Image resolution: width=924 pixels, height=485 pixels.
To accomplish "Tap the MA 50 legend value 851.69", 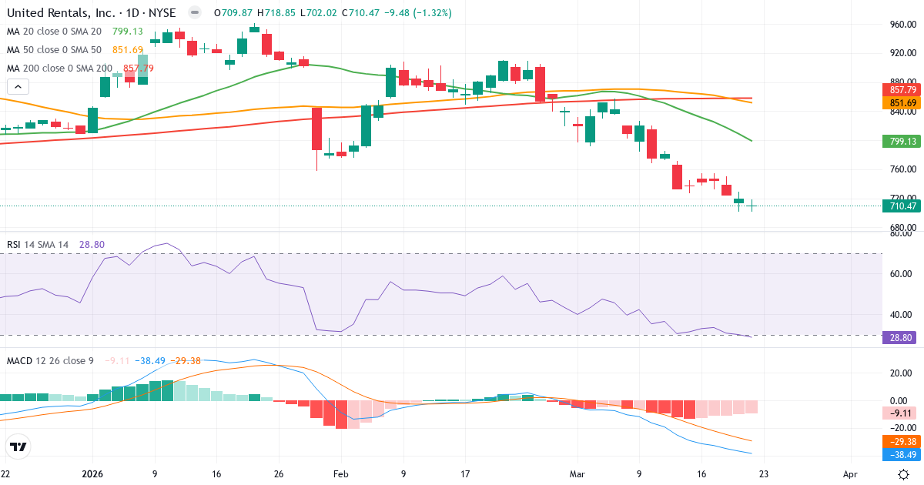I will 128,50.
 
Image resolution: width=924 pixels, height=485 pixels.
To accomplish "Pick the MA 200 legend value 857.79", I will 139,69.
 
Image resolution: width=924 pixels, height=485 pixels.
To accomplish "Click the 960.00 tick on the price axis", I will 901,25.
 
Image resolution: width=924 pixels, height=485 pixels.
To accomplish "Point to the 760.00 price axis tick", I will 901,169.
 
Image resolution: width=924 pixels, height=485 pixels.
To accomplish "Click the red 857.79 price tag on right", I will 901,91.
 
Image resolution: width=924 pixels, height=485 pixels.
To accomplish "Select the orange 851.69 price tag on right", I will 901,103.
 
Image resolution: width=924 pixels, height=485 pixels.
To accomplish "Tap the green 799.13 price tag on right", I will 901,142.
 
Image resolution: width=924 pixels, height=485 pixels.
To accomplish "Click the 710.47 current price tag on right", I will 901,206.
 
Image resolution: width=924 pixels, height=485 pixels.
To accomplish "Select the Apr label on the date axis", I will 850,474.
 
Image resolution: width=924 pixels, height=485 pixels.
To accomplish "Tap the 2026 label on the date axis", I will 92,474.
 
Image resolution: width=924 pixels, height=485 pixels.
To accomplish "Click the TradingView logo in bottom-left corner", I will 18,447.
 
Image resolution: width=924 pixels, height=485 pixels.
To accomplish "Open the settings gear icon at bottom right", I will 904,474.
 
